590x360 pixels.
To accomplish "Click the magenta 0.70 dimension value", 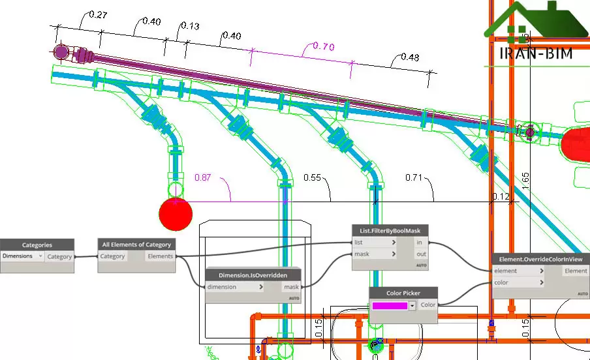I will (324, 46).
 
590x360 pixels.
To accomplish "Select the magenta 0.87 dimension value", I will (204, 177).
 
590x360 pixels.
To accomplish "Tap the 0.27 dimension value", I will (97, 15).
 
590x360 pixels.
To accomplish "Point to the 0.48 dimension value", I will (409, 57).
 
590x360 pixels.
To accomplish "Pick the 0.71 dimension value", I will (414, 177).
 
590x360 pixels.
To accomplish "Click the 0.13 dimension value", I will (190, 26).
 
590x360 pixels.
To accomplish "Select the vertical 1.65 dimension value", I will (525, 181).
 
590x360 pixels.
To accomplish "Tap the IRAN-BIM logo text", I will (535, 53).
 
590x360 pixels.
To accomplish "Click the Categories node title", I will (37, 245).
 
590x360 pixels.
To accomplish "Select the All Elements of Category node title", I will (136, 245).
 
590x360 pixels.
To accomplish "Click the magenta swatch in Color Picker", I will (390, 305).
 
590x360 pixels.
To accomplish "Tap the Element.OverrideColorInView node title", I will (541, 259).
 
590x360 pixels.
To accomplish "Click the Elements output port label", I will (160, 256).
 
